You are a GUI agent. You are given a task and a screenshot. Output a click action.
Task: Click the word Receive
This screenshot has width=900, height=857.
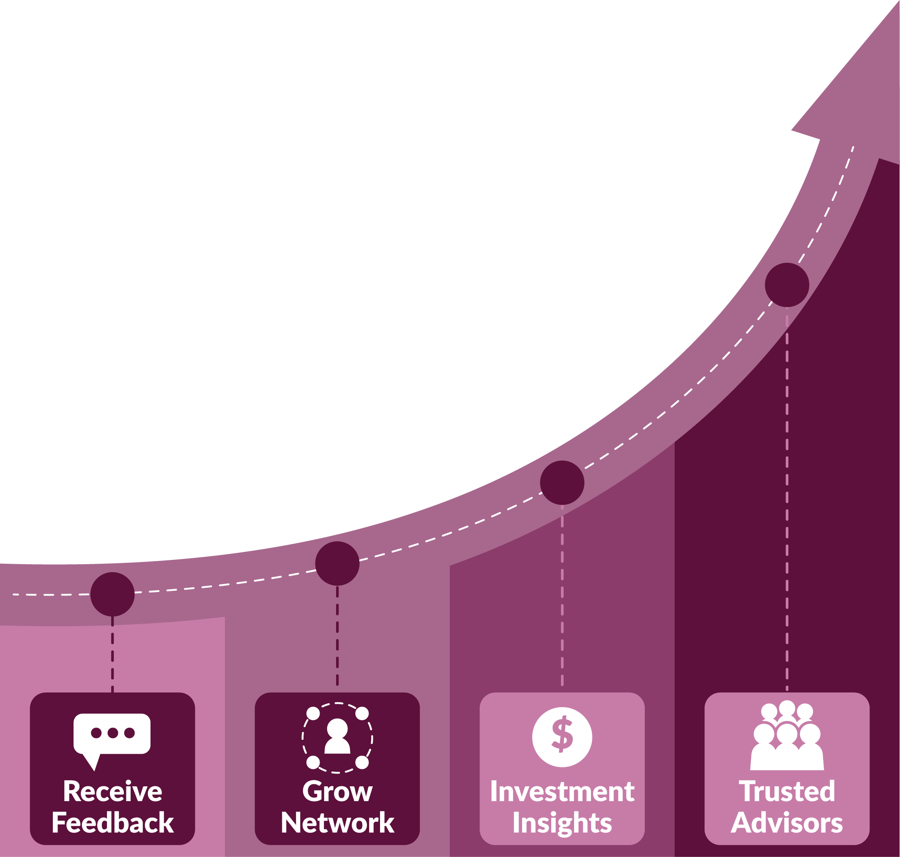[x=113, y=791]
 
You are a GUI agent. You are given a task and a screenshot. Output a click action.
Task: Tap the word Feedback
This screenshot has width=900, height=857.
[x=113, y=823]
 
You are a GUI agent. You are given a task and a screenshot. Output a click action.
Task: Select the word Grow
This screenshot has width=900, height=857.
[x=337, y=791]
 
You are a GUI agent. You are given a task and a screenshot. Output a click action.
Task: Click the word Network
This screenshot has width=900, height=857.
[x=337, y=823]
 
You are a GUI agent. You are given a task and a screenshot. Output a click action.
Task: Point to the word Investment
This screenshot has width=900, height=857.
[x=562, y=791]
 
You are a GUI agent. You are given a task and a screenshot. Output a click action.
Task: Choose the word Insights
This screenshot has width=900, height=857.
[x=562, y=823]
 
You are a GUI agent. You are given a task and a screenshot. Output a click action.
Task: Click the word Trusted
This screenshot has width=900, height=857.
[x=787, y=791]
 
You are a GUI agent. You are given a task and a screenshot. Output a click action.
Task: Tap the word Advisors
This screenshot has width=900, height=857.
[x=787, y=823]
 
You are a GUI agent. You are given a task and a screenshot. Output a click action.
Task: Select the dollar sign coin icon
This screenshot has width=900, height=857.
[x=562, y=737]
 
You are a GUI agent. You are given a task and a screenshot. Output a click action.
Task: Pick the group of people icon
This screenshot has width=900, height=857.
[x=787, y=736]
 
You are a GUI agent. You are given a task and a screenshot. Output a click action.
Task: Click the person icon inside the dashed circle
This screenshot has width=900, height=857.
[x=337, y=736]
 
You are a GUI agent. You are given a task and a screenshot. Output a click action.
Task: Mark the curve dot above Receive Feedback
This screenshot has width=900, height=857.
[x=112, y=594]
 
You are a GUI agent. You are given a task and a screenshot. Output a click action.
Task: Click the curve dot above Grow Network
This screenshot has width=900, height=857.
[x=337, y=563]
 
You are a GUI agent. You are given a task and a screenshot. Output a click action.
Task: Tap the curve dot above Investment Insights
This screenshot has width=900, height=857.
[x=562, y=482]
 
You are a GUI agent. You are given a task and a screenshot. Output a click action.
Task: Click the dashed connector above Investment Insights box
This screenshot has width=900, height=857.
[x=562, y=594]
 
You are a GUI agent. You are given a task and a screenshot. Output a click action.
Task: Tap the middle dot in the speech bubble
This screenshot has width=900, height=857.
[x=113, y=732]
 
